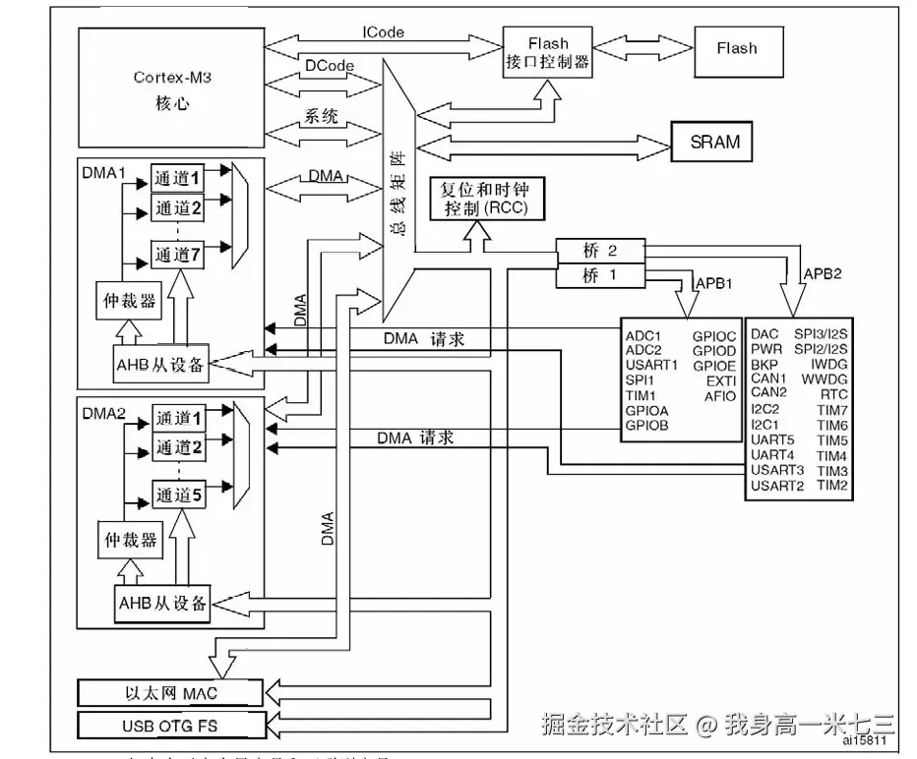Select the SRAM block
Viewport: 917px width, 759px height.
(x=714, y=142)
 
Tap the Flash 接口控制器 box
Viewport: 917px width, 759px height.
(x=548, y=52)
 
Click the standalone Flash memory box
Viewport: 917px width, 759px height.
(x=736, y=47)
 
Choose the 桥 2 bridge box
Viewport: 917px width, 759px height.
(x=600, y=251)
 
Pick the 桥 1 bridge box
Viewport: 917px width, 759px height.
(x=600, y=276)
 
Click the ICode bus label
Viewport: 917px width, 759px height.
(x=382, y=31)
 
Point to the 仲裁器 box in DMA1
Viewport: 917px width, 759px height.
(x=130, y=301)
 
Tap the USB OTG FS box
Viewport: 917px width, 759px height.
(x=169, y=728)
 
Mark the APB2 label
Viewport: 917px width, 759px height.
(x=823, y=272)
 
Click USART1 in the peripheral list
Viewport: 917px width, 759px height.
(x=651, y=366)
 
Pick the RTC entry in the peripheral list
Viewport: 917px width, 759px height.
(x=833, y=393)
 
